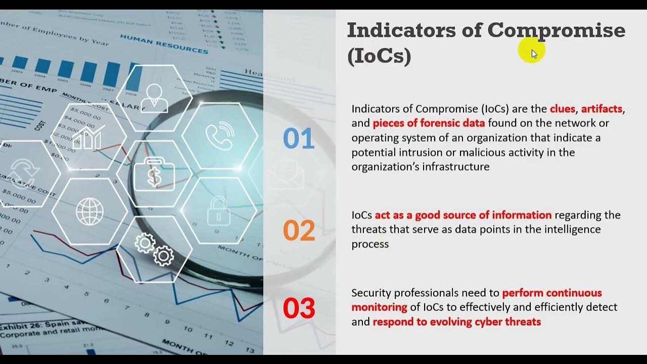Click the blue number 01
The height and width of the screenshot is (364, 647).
point(299,139)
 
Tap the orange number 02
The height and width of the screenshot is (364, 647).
point(299,230)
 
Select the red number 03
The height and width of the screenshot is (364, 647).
point(299,308)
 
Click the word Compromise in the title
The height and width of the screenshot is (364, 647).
point(556,31)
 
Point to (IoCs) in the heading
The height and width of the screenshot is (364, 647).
point(379,56)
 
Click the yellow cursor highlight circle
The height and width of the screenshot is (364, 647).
point(531,51)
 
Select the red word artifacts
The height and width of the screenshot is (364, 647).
point(602,109)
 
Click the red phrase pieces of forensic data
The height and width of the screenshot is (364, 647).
point(429,123)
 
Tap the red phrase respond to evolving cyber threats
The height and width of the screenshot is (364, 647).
point(456,322)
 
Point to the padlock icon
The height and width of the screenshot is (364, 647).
point(218,211)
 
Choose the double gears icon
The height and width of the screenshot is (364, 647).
point(154,249)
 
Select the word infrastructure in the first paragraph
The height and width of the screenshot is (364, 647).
point(459,167)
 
